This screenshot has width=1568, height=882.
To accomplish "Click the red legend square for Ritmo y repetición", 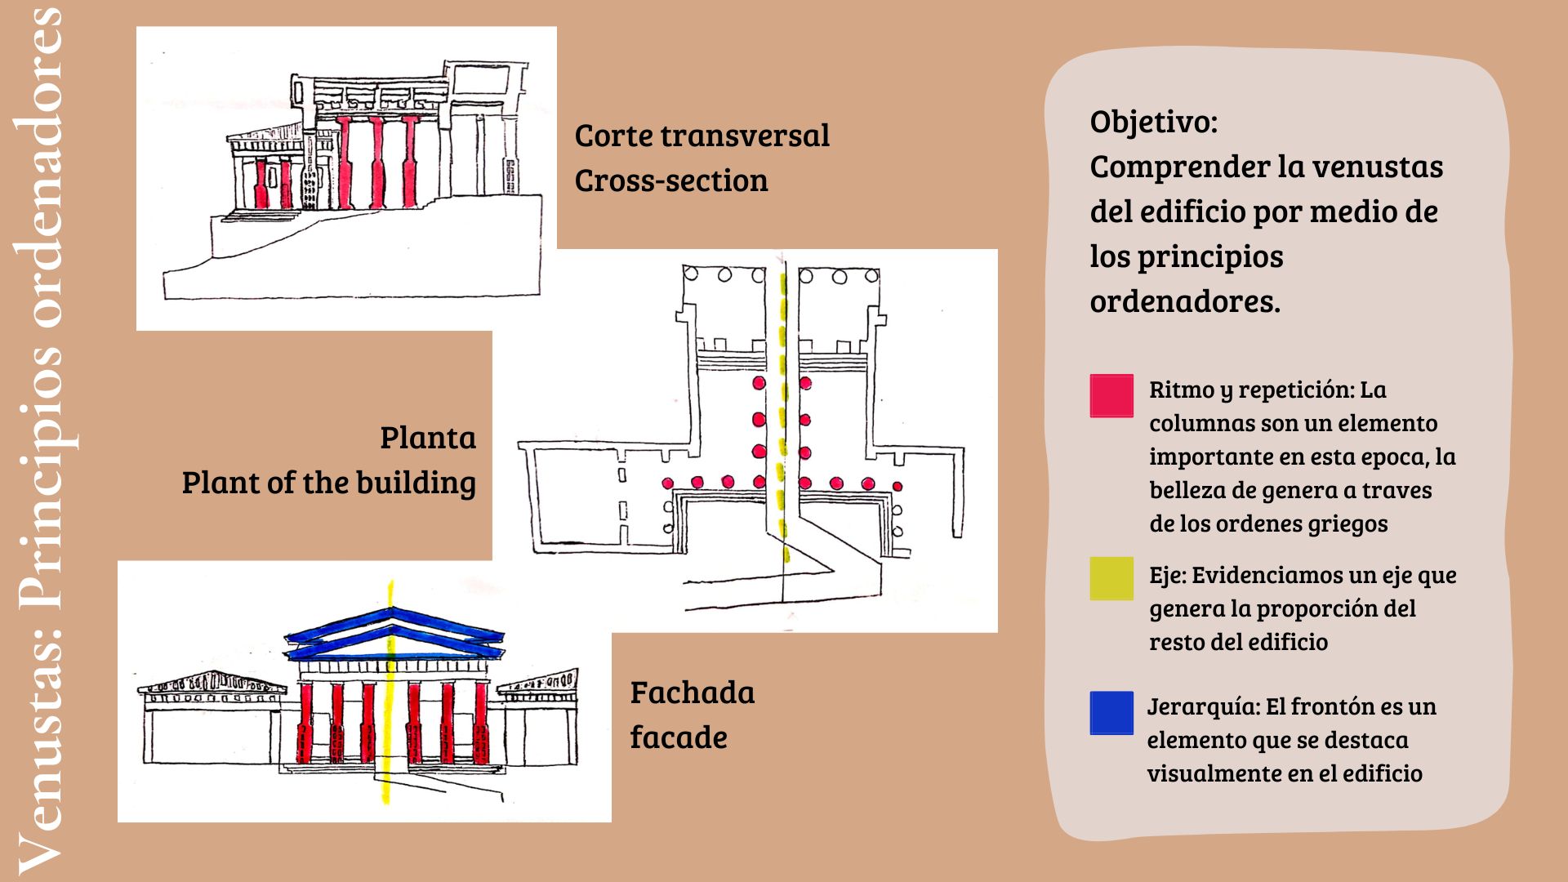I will tap(1111, 396).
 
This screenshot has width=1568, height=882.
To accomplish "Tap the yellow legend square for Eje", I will tap(1111, 578).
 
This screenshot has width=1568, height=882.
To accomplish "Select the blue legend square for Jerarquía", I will tap(1111, 713).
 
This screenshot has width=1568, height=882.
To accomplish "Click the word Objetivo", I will tap(1152, 122).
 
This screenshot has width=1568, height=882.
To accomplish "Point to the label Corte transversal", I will tap(702, 136).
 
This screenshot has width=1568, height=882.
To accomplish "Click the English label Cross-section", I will tap(670, 180).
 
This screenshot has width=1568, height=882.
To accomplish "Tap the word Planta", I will tap(428, 438).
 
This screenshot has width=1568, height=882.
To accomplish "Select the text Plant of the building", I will tap(328, 483).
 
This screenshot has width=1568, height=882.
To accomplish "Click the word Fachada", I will tap(692, 693).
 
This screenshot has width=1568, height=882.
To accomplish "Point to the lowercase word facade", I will tap(678, 737).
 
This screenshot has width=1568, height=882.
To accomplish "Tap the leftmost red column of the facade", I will tap(306, 723).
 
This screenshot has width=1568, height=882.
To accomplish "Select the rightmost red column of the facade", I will tap(481, 723).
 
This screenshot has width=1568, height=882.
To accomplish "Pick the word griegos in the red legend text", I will tap(1350, 523).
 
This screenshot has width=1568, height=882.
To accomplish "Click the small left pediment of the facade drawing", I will tap(214, 682).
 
